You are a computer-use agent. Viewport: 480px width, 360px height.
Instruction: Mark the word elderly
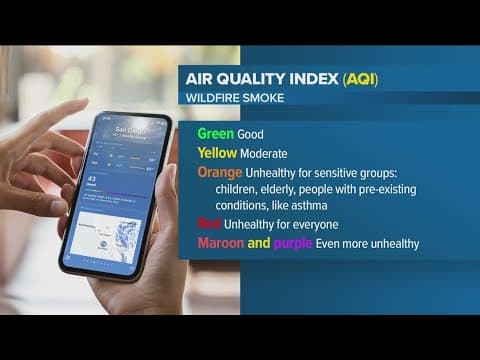click(x=283, y=189)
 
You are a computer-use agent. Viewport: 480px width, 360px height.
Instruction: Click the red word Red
click(x=209, y=224)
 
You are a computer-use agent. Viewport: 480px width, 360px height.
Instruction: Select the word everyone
click(x=314, y=225)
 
